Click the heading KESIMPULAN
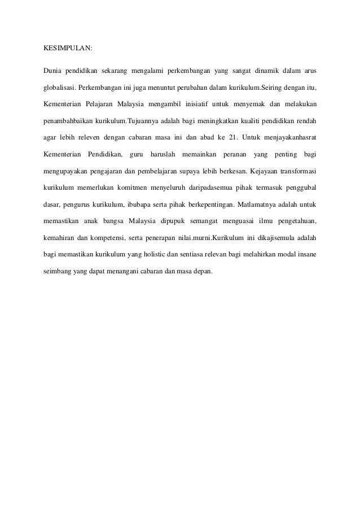pos(68,48)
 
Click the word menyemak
pos(245,104)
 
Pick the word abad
pos(195,137)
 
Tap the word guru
pos(136,154)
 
